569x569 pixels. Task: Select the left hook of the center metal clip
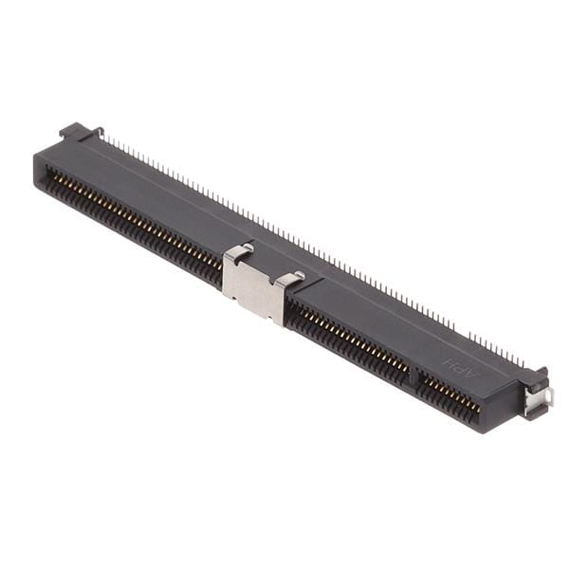coord(240,251)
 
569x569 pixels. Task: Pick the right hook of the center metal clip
coord(291,277)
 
